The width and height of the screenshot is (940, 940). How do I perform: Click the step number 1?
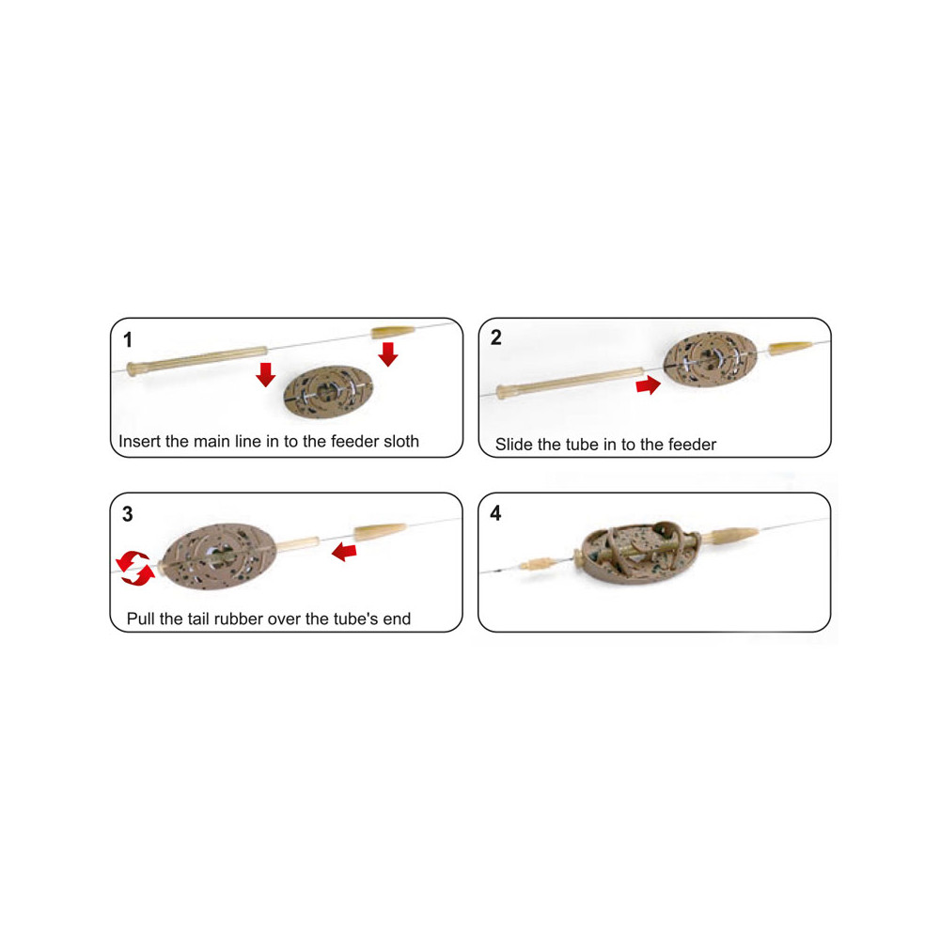[128, 340]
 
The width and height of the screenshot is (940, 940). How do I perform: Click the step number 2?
[495, 337]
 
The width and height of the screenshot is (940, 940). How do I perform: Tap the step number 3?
[128, 514]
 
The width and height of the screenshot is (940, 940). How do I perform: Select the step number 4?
[495, 513]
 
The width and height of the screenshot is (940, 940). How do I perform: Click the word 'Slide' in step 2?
[514, 445]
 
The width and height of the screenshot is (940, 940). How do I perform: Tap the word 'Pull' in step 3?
[141, 619]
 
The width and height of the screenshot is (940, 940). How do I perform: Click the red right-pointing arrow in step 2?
[648, 384]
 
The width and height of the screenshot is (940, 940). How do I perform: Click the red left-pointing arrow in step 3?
[344, 551]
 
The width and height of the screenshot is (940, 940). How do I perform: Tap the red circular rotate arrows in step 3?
[134, 568]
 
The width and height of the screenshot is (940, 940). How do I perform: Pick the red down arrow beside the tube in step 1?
[266, 374]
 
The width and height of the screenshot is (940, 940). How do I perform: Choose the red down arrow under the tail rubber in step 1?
[388, 354]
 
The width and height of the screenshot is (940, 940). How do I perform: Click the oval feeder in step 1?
[328, 391]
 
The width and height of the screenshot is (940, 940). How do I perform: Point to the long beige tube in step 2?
[571, 383]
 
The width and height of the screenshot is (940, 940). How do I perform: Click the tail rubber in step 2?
[791, 348]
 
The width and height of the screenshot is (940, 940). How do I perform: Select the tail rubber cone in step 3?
[380, 531]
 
